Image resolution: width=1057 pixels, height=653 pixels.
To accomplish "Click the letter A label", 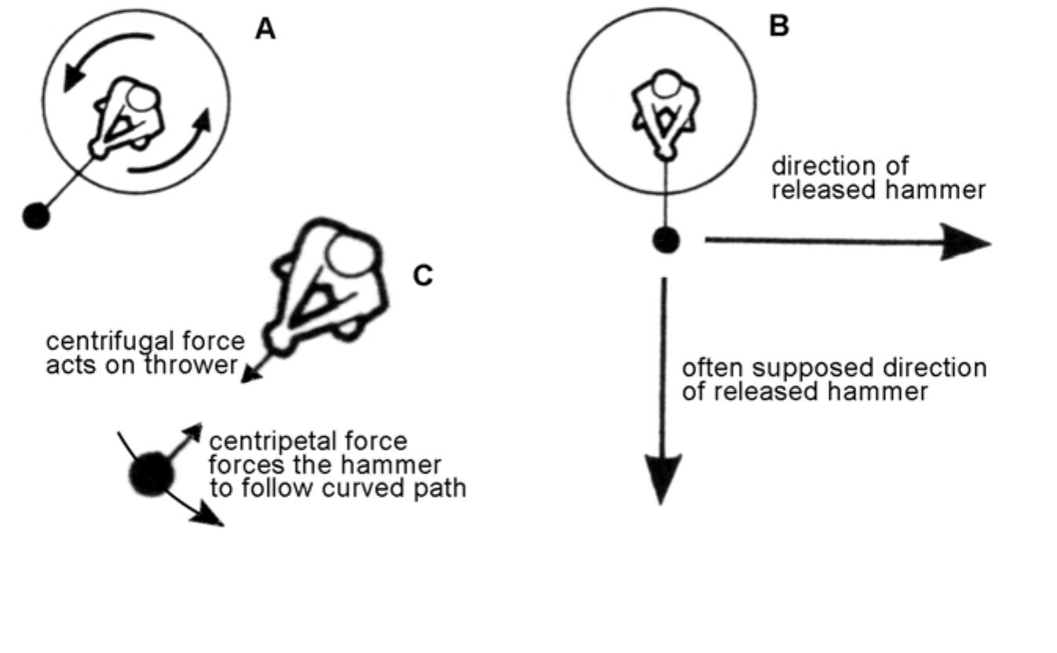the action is coord(265,29).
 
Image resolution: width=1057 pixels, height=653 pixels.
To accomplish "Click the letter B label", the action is coord(779,25).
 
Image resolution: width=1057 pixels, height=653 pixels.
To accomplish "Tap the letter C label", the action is coord(422,275).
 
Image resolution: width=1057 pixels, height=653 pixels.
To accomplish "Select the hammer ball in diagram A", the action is coord(36,216).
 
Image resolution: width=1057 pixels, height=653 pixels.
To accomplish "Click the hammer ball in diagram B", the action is coord(666,240).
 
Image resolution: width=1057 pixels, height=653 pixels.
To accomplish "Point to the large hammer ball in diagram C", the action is coord(152,473).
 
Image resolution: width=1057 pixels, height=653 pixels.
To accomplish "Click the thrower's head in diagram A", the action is coord(142,99).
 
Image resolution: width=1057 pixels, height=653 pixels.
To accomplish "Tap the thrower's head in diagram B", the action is coord(665,84).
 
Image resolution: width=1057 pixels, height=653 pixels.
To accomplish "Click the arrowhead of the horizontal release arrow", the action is coord(965,243).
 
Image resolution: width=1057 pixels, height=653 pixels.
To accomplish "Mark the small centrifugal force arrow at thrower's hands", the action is coord(258,368).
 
